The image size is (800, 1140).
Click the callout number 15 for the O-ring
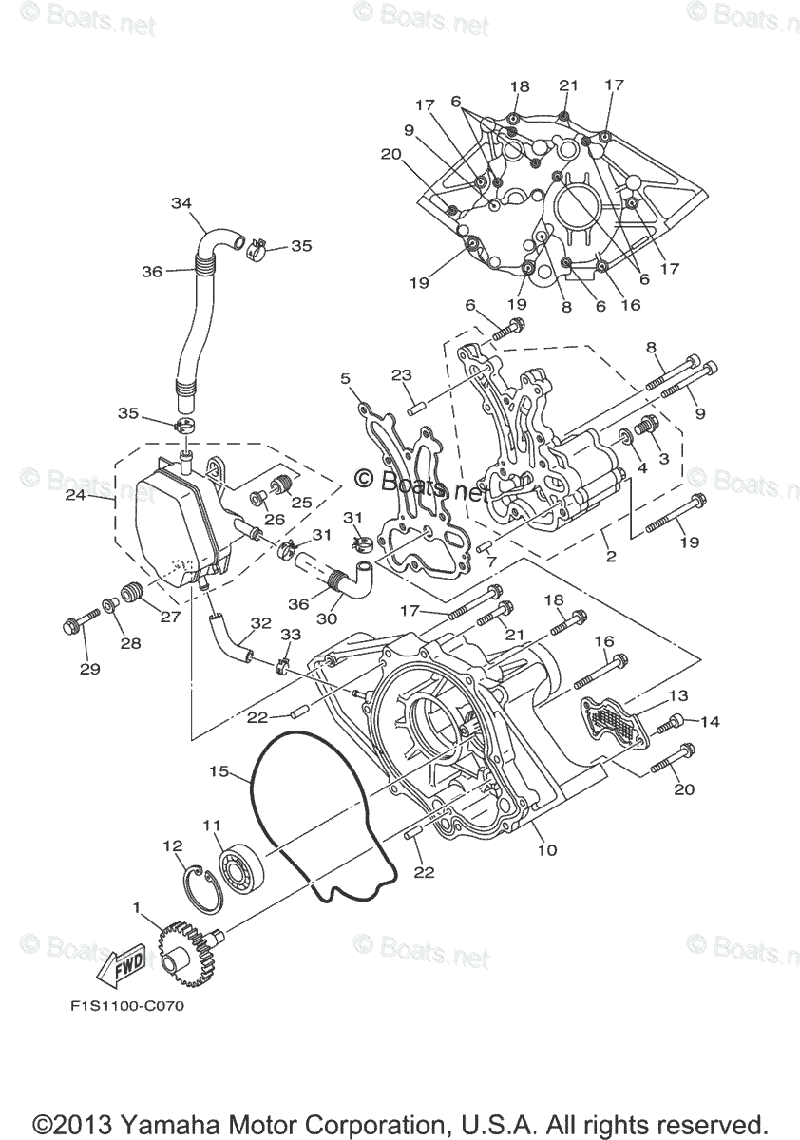[219, 771]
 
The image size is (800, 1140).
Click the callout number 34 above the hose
[181, 202]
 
